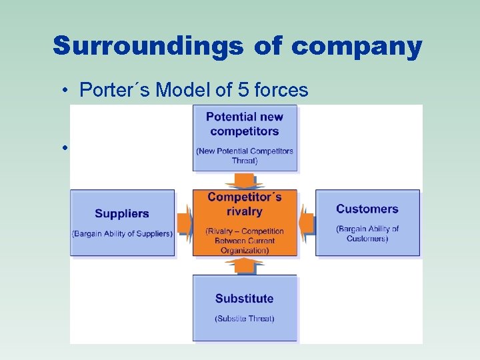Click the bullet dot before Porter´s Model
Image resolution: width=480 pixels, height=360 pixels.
(67, 91)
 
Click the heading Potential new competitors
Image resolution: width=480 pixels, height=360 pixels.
(245, 124)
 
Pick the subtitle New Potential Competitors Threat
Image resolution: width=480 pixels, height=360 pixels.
(245, 155)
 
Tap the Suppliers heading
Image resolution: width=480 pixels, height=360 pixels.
(122, 213)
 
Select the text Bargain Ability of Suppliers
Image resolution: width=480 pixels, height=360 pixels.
(122, 233)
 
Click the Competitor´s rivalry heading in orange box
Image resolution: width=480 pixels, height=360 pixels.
(245, 204)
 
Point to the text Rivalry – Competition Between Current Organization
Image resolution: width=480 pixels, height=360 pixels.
(245, 241)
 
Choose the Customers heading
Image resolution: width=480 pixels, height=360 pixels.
(367, 209)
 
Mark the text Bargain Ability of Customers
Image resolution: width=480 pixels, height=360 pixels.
(367, 233)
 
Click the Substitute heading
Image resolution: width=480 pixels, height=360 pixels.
(245, 298)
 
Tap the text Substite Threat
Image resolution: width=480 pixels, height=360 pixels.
(245, 319)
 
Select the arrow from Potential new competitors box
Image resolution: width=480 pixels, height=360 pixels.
(245, 180)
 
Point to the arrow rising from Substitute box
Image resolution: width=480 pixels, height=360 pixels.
(245, 266)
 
